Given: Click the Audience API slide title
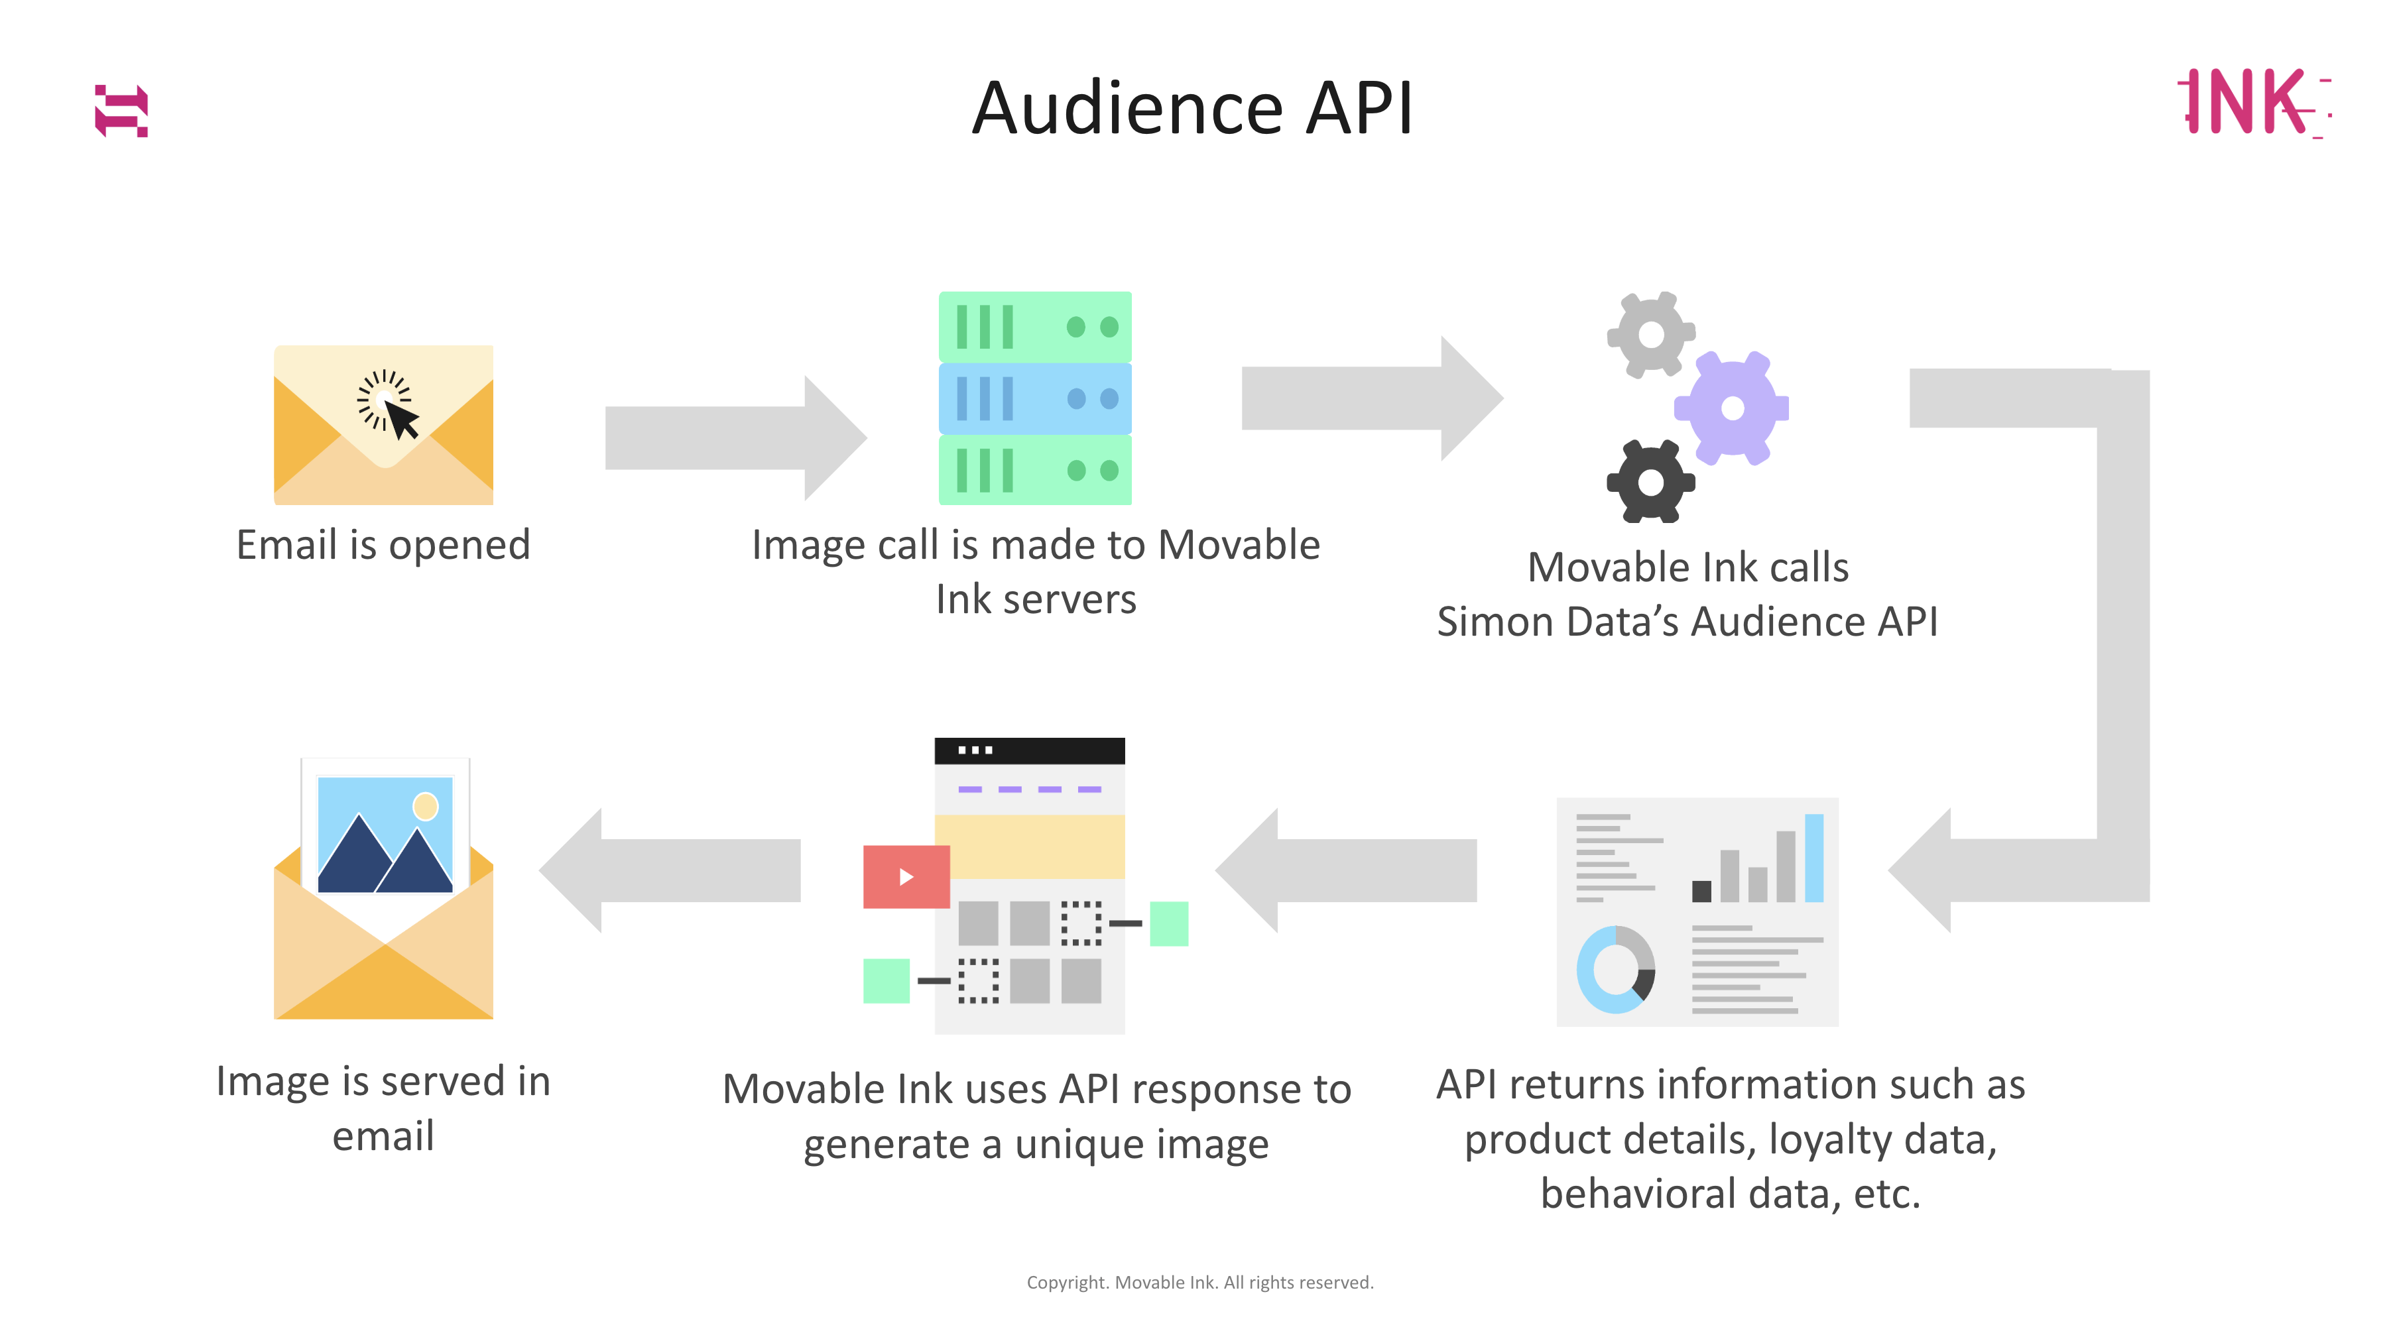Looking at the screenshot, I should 1193,109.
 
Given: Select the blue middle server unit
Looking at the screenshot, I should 1035,398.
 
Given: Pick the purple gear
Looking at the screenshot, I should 1731,408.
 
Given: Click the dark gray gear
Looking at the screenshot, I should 1650,482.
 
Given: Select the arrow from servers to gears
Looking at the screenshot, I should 1371,398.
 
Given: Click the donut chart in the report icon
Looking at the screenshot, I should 1615,969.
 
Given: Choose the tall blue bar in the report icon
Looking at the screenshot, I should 1813,858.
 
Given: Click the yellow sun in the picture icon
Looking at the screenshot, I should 425,806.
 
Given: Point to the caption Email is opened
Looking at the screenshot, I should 383,545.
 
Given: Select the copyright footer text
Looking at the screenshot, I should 1200,1283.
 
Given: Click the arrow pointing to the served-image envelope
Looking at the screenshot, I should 671,870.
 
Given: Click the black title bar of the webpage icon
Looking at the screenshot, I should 1028,750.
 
